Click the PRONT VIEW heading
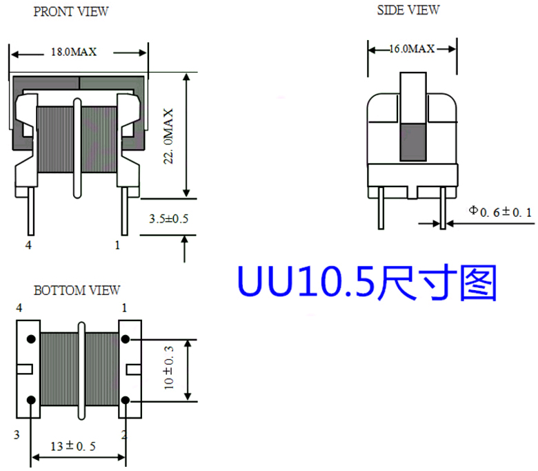(70, 12)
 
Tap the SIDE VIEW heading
(408, 10)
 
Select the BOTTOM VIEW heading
(77, 291)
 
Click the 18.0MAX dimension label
(74, 52)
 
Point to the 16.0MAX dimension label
(412, 49)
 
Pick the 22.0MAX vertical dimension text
(168, 136)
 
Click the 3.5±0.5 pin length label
(169, 218)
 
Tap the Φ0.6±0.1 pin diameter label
(501, 212)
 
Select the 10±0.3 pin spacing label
(169, 367)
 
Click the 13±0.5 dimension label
(73, 446)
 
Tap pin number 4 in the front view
(28, 245)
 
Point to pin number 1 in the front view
(117, 245)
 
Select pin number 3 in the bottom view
(17, 434)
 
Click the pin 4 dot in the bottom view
(31, 339)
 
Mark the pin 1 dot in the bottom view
(126, 339)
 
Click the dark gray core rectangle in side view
(413, 142)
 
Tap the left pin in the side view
(381, 208)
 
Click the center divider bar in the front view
(77, 148)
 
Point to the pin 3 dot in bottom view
(31, 401)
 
